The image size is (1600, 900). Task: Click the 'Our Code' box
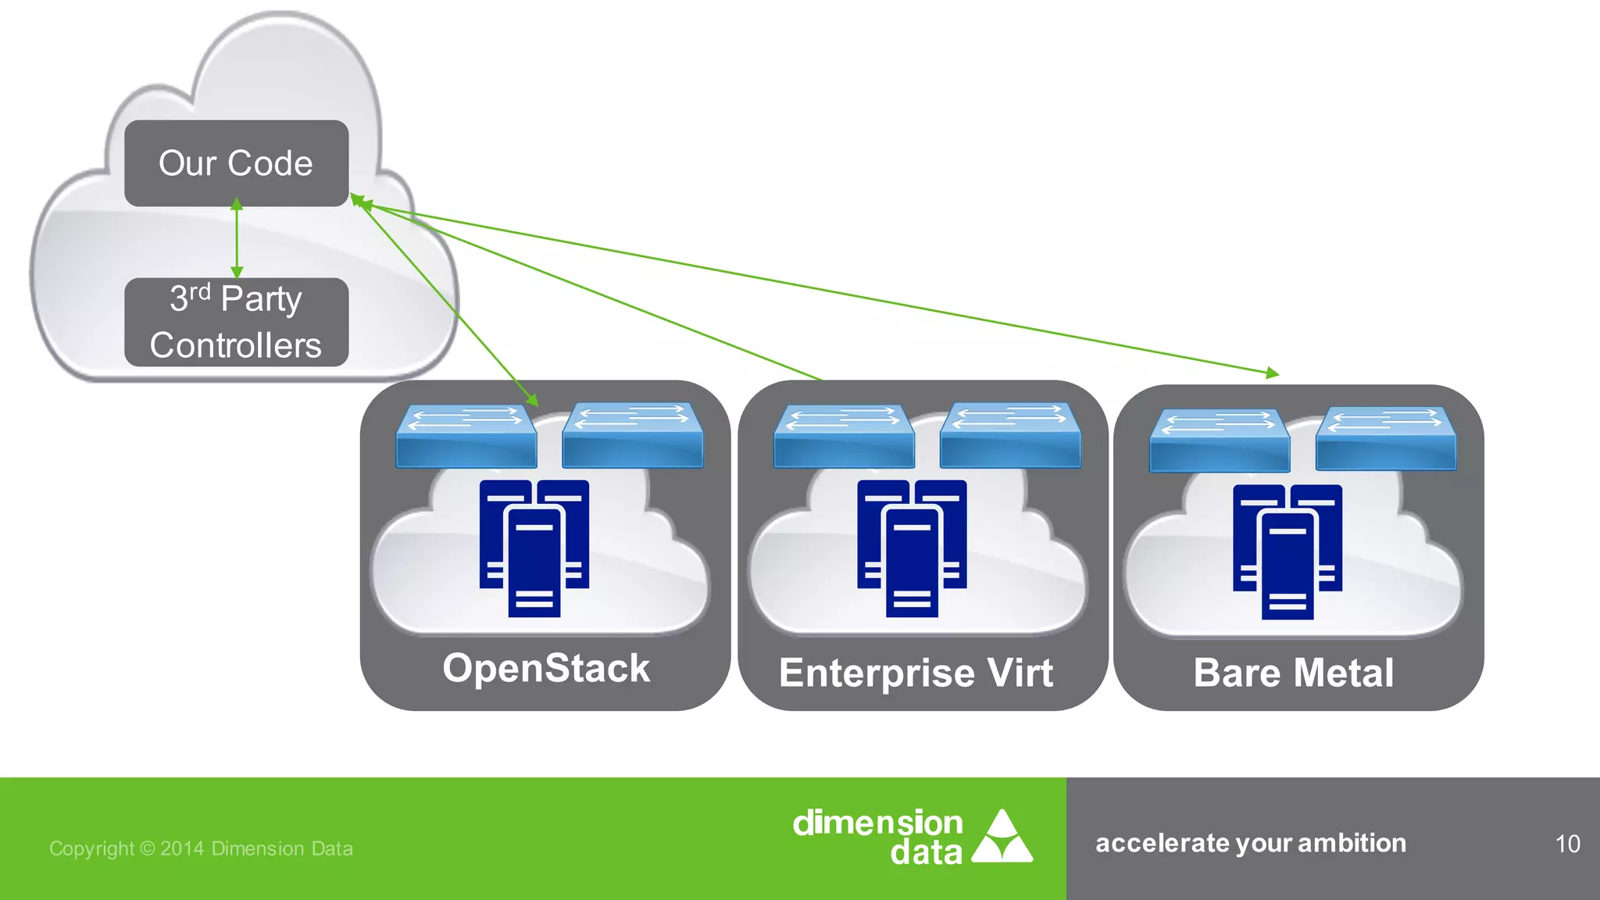236,163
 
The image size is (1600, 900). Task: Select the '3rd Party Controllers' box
236,322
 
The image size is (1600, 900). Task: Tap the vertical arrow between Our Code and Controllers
237,238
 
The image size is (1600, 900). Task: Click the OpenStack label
546,669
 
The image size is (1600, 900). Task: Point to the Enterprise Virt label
916,673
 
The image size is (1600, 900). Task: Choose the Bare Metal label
1294,673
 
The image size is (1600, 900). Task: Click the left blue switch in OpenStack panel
466,436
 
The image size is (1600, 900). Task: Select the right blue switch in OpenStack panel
633,435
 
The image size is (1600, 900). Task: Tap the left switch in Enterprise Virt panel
844,436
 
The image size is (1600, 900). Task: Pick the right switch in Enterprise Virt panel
1010,435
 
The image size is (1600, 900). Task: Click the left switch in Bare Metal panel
1220,440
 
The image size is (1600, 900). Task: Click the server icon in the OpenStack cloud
534,548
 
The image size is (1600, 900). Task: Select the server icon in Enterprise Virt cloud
912,548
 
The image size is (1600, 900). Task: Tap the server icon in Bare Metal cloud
1287,552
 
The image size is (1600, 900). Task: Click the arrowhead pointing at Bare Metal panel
1272,373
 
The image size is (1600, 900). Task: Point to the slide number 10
1567,844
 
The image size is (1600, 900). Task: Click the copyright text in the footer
201,848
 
